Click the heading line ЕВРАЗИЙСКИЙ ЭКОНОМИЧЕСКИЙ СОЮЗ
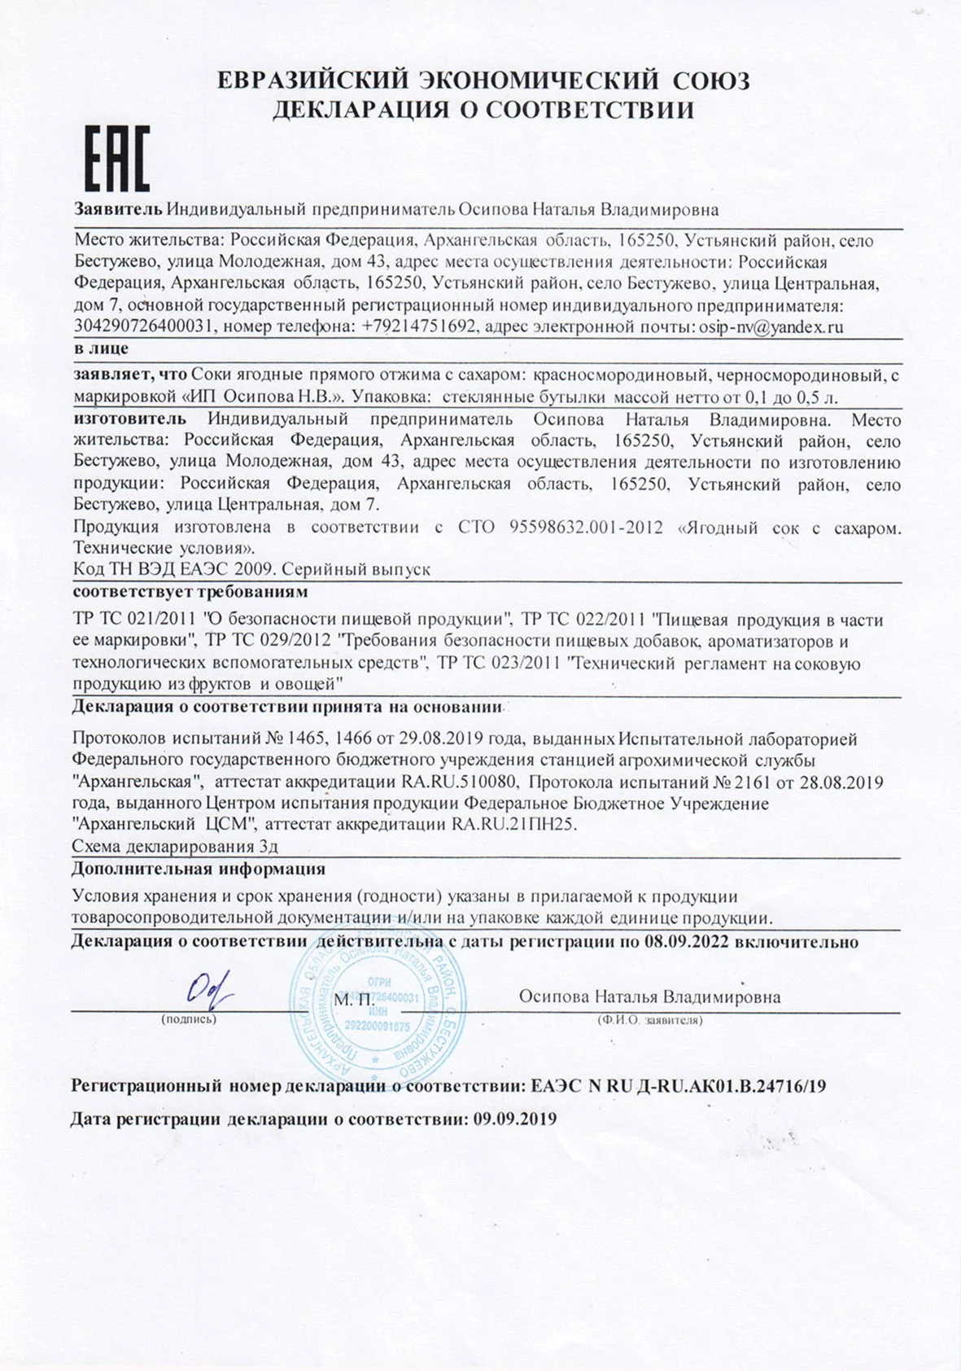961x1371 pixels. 483,81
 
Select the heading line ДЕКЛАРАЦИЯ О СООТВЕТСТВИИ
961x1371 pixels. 483,109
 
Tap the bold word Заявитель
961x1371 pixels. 119,209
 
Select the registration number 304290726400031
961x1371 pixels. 144,327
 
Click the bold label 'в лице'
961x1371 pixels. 101,348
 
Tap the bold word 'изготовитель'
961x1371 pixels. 129,419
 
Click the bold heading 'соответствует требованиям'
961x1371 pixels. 190,590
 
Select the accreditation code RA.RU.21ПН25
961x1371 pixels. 513,824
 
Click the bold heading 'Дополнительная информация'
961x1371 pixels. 199,869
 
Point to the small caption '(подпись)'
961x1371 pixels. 189,1019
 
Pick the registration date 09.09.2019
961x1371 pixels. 514,1119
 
